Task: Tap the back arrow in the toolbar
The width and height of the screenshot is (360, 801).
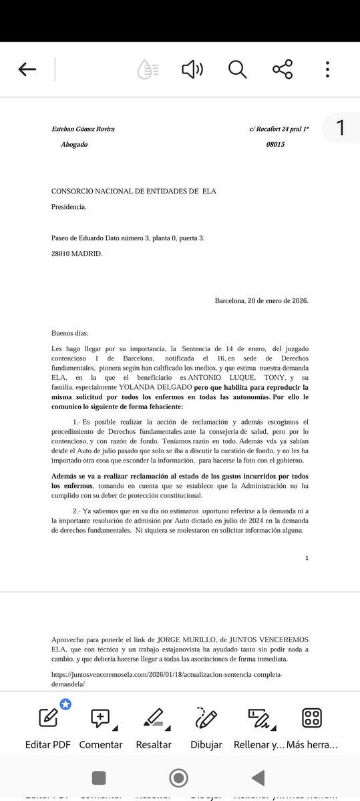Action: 27,69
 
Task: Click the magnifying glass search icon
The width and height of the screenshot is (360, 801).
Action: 237,69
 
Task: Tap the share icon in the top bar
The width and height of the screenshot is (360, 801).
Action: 283,69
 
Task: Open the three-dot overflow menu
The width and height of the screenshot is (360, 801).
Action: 327,69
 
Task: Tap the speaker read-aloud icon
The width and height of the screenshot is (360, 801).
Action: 192,69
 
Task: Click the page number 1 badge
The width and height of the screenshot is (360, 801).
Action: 341,127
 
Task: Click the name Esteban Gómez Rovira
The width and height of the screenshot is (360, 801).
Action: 83,129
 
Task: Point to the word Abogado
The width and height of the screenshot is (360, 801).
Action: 79,144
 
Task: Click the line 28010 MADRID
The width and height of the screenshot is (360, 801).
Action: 77,253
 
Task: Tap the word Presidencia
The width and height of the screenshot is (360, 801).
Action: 69,207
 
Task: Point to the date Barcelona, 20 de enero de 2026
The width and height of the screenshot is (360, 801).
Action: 261,300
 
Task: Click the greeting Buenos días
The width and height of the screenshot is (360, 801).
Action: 69,333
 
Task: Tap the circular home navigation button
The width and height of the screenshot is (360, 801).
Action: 178,778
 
